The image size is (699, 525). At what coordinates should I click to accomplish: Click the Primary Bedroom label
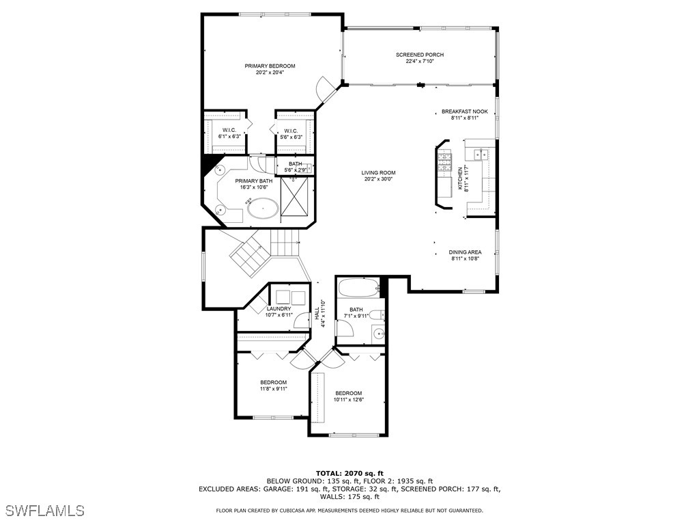270,66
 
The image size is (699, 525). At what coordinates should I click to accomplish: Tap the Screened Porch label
420,55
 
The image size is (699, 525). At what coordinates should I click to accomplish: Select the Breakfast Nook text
464,111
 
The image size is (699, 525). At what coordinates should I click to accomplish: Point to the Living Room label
378,173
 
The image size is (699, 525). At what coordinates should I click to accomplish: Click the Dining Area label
465,252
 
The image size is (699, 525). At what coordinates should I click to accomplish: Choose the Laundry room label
279,309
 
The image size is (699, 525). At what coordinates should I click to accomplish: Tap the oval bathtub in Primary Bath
262,208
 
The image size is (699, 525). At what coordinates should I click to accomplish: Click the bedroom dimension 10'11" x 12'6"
348,400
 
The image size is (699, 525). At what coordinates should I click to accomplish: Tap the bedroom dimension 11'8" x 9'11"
273,389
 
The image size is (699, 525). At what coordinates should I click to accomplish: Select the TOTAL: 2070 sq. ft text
349,473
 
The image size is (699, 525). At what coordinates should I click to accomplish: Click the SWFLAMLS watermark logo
44,511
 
